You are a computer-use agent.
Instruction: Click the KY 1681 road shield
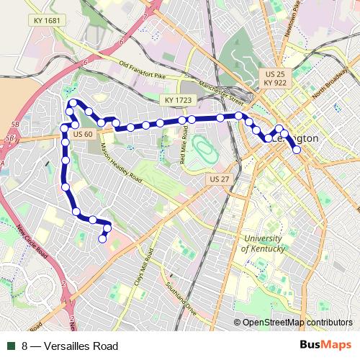tap(48, 22)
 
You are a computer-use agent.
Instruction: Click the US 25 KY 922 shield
tap(274, 78)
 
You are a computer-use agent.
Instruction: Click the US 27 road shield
tap(215, 178)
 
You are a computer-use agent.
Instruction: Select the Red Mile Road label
tap(184, 140)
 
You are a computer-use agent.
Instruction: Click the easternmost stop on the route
tap(296, 150)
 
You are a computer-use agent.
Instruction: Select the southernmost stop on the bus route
tap(103, 238)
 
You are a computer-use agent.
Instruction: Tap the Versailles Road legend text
tap(70, 346)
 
